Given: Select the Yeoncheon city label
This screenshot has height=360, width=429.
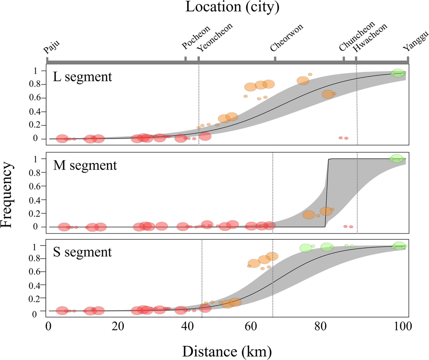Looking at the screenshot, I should (x=214, y=38).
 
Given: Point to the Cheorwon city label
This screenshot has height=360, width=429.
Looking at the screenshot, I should (x=287, y=38).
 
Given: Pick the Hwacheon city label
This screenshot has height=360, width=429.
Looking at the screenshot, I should (x=371, y=37).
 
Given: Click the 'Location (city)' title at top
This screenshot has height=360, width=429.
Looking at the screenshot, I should (x=232, y=7).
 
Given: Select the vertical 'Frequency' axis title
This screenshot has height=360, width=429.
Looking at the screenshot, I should (x=8, y=195).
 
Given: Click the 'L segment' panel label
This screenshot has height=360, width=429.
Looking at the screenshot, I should (x=82, y=77).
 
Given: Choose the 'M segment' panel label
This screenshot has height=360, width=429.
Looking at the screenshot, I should (x=85, y=166).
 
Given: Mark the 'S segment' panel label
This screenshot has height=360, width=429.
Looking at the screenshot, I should (x=82, y=252).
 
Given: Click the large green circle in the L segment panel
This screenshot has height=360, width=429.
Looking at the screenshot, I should (x=398, y=73).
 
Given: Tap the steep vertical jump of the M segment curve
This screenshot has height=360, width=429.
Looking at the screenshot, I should (x=327, y=193).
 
